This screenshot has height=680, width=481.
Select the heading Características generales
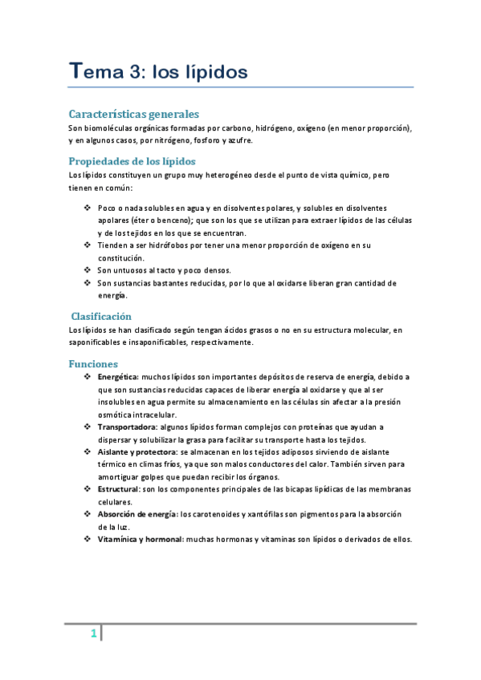(x=133, y=114)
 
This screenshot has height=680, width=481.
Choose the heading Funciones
(x=93, y=363)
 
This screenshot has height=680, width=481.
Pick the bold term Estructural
(x=117, y=488)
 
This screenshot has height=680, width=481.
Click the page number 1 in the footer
(x=93, y=634)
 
